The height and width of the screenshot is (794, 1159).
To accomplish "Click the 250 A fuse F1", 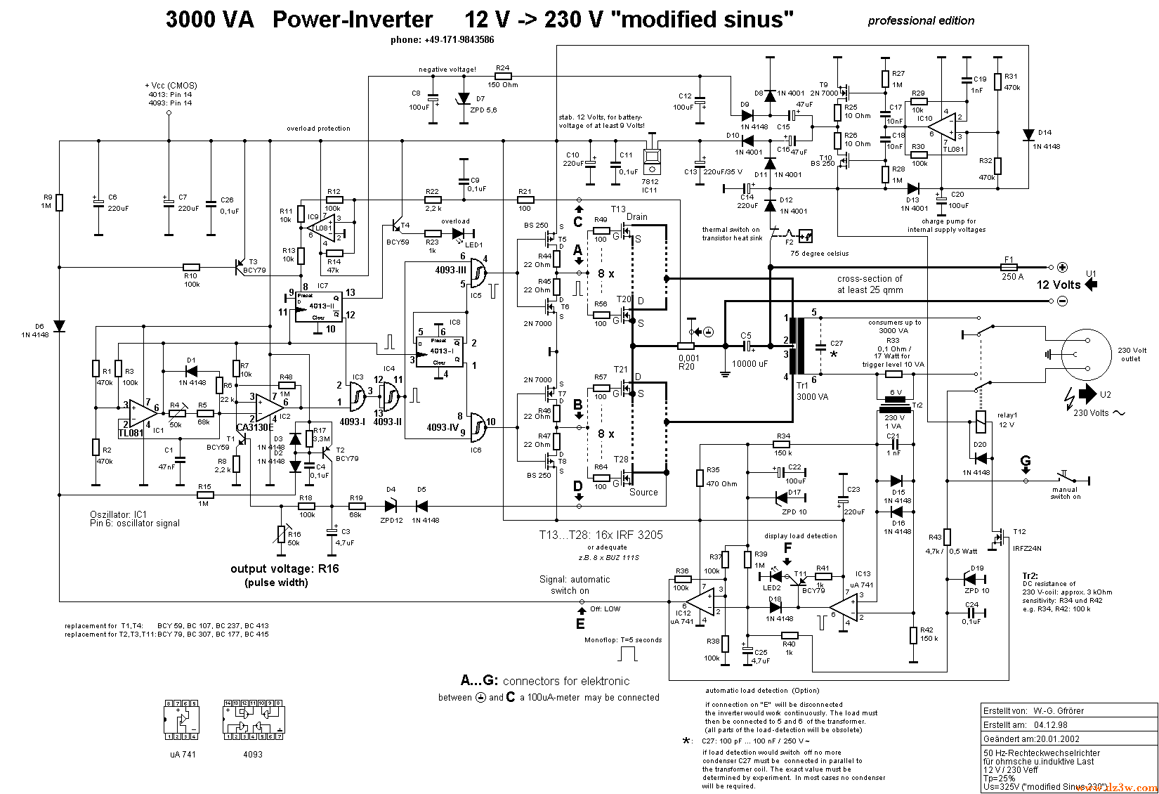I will point(1009,267).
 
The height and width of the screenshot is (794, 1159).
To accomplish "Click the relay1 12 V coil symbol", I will point(981,422).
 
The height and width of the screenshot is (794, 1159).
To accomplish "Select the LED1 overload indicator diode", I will point(459,233).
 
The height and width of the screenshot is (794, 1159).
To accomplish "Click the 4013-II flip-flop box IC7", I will point(317,307).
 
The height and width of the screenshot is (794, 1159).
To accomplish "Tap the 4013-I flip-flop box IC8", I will point(438,351).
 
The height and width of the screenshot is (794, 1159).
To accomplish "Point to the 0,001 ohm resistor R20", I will point(686,346).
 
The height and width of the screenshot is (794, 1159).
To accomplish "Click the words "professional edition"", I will point(921,21).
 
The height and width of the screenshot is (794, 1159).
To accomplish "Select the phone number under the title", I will point(442,40).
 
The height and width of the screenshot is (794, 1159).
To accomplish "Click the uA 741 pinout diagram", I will point(182,720).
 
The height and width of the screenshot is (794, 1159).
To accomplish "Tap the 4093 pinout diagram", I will point(253,720).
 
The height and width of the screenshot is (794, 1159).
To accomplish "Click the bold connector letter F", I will point(787,547).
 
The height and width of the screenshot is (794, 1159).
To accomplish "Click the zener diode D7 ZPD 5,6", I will point(463,99).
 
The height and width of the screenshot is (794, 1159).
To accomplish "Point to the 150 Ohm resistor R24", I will point(502,76).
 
